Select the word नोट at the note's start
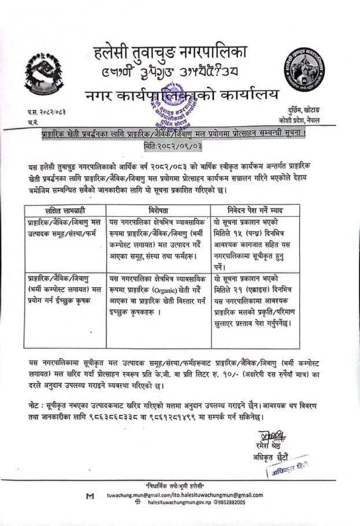coord(34,401)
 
